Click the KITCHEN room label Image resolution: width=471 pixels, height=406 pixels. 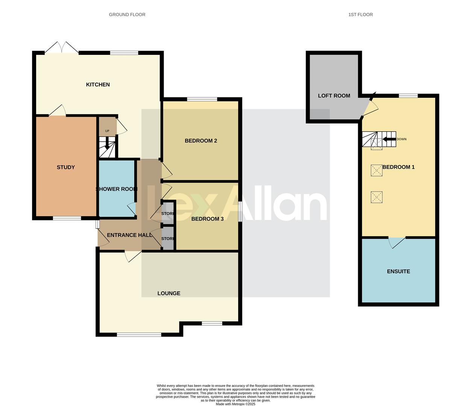click(x=98, y=85)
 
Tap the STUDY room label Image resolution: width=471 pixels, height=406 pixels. click(x=66, y=167)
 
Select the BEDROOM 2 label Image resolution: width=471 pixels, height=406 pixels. click(x=201, y=141)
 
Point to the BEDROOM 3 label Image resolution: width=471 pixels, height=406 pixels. click(x=207, y=219)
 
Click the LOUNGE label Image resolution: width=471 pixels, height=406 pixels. click(x=169, y=293)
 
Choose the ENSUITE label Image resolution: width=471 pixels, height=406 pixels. click(x=398, y=271)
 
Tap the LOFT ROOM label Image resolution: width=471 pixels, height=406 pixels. click(x=334, y=96)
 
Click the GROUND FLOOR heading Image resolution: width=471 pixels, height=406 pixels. click(x=127, y=15)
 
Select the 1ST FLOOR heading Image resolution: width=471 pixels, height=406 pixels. click(x=360, y=15)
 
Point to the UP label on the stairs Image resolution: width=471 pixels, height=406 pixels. click(x=107, y=131)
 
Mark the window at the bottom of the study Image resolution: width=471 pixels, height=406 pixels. click(x=67, y=218)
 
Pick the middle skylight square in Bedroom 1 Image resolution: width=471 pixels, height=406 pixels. click(x=377, y=170)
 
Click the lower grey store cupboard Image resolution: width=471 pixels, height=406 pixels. click(x=168, y=239)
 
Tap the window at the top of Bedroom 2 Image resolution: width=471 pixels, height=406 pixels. click(x=202, y=99)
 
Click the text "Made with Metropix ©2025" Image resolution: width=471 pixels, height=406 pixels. click(x=235, y=404)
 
